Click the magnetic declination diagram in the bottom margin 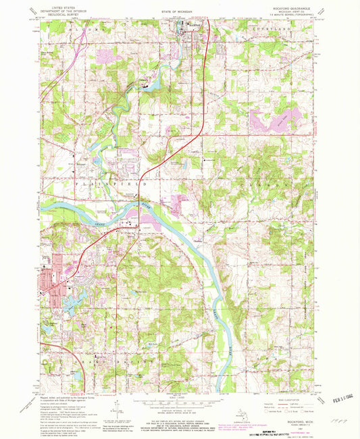tap(119, 409)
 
